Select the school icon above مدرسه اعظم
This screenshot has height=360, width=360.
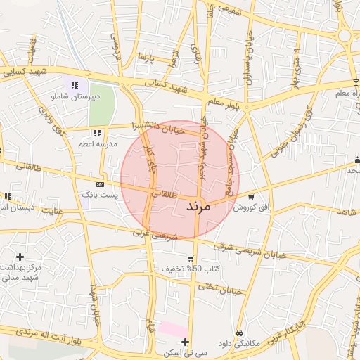pyautogui.click(x=97, y=133)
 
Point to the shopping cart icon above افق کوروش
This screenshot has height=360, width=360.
pyautogui.click(x=251, y=197)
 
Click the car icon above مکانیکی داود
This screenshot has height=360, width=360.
pyautogui.click(x=239, y=332)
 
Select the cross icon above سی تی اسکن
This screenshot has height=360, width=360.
pyautogui.click(x=185, y=342)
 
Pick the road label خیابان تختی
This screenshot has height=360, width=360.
pyautogui.click(x=220, y=288)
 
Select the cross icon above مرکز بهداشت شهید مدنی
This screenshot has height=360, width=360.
pyautogui.click(x=20, y=257)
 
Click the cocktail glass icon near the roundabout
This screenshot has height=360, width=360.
pyautogui.click(x=355, y=63)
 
